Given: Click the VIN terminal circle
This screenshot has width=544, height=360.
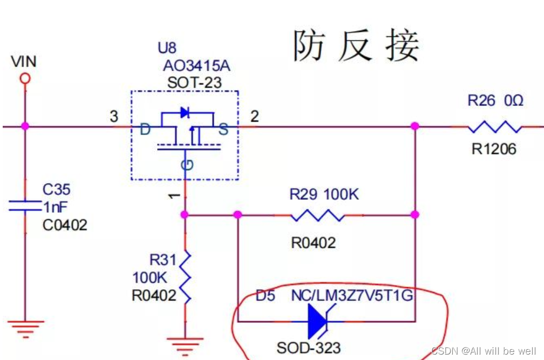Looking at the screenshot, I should click(x=24, y=79).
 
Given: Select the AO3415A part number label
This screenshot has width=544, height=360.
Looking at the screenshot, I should click(x=196, y=66).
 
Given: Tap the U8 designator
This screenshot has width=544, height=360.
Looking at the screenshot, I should click(x=167, y=48).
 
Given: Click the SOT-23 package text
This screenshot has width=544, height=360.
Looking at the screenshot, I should click(x=195, y=83).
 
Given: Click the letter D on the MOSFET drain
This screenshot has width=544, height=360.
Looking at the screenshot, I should click(x=145, y=130).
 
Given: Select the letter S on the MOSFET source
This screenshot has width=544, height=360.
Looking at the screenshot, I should click(x=223, y=130).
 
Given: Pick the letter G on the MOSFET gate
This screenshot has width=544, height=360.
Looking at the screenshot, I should click(x=186, y=164).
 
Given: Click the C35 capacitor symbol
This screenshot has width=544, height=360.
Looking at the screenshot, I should click(x=24, y=206).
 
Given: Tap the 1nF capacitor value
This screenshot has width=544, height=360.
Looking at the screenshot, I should click(x=56, y=207).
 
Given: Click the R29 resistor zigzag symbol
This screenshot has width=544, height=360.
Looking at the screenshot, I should click(x=318, y=215).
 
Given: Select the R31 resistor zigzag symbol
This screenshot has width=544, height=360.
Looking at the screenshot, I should click(x=185, y=276).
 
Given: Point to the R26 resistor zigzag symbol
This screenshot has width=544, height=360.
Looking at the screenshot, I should click(x=495, y=127).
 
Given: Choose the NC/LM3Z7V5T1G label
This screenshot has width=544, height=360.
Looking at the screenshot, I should click(x=353, y=296).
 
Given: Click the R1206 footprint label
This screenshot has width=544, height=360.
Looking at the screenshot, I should click(x=494, y=148).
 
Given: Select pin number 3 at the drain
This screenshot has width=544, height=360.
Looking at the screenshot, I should click(x=114, y=116).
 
